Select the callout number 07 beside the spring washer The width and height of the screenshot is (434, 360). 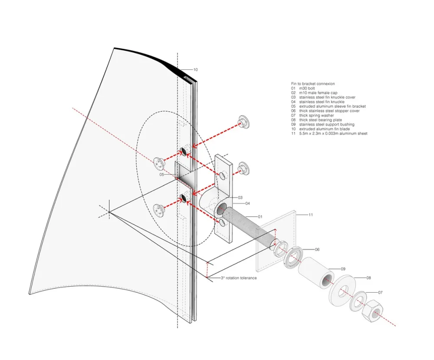tap(381, 292)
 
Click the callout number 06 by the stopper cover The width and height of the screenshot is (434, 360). tap(317, 250)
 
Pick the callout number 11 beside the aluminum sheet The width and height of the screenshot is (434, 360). tap(311, 215)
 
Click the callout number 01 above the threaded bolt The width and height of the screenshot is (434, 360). tap(260, 216)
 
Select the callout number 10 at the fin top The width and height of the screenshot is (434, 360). tap(195, 69)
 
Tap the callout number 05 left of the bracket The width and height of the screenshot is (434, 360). tap(161, 175)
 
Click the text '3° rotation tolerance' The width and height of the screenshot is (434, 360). tap(239, 278)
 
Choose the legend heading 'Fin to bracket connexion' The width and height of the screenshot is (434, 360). tap(312, 83)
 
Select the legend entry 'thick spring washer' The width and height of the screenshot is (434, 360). tap(316, 116)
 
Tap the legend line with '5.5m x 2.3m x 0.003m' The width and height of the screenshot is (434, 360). tap(333, 134)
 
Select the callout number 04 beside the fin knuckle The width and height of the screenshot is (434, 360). tap(247, 204)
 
